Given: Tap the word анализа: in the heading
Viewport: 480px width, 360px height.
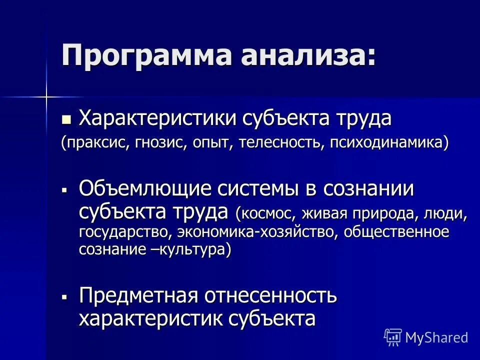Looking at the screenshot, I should click(x=306, y=54).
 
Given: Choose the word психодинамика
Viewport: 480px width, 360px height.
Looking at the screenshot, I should click(x=382, y=143).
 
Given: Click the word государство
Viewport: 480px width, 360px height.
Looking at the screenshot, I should click(x=123, y=232).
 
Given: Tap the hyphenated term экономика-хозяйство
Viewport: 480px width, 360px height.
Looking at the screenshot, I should click(x=247, y=232).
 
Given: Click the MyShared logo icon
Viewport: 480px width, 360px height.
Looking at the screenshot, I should click(x=392, y=337).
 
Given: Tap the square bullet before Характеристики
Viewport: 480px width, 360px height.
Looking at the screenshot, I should click(x=66, y=119).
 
